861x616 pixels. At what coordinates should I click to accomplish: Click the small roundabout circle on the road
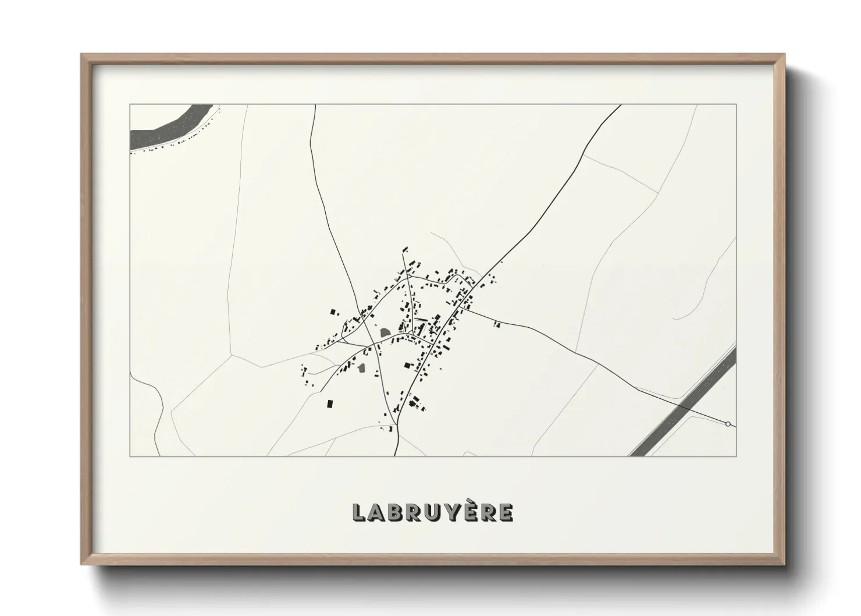[x=728, y=424]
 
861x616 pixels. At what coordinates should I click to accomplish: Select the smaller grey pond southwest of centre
[x=361, y=368]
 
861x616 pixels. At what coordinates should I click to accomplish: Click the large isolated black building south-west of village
[x=330, y=403]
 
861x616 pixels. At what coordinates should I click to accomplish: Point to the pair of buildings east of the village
[x=497, y=324]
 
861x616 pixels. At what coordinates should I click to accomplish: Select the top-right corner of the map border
[x=736, y=105]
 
